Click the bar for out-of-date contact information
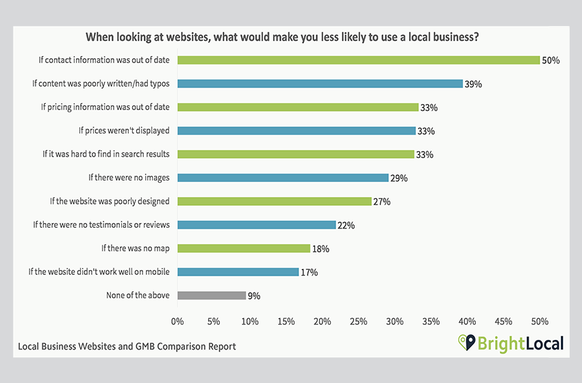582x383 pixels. click(x=358, y=60)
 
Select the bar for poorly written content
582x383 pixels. click(x=320, y=83)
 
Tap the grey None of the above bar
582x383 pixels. click(x=212, y=295)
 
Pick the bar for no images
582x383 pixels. click(x=283, y=178)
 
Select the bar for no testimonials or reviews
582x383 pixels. click(x=257, y=225)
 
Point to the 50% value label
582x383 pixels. click(x=551, y=60)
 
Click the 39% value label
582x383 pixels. click(x=473, y=83)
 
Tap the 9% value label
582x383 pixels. click(x=255, y=296)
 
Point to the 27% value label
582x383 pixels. click(x=381, y=202)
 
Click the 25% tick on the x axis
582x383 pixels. click(x=359, y=321)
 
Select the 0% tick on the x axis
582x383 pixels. click(x=177, y=321)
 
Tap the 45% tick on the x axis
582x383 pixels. click(x=503, y=321)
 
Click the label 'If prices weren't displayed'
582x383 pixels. click(x=124, y=131)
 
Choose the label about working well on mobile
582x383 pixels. click(x=99, y=272)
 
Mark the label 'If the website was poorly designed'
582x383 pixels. click(x=110, y=201)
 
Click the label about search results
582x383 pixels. click(x=106, y=154)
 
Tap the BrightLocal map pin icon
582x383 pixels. click(x=466, y=342)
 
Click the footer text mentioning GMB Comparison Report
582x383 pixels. click(x=127, y=347)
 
